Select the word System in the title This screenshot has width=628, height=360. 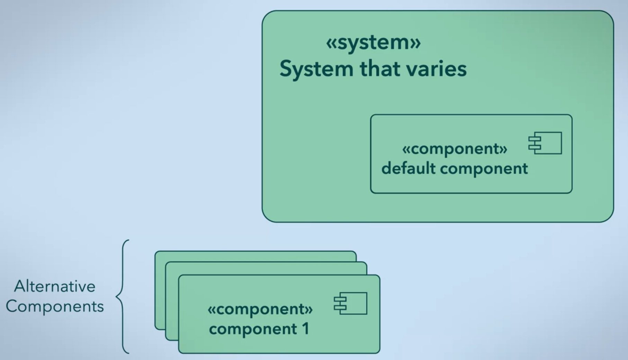point(316,69)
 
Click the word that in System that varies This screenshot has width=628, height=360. point(379,69)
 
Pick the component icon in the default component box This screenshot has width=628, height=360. point(545,143)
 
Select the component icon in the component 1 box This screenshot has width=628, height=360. point(350,303)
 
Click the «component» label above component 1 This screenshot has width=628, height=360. point(260,309)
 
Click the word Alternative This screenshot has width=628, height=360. point(55,287)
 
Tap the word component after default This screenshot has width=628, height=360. point(484,169)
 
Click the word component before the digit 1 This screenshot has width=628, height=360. point(253,329)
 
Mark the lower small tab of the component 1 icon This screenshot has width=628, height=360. point(340,307)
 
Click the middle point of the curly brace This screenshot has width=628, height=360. point(118,296)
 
